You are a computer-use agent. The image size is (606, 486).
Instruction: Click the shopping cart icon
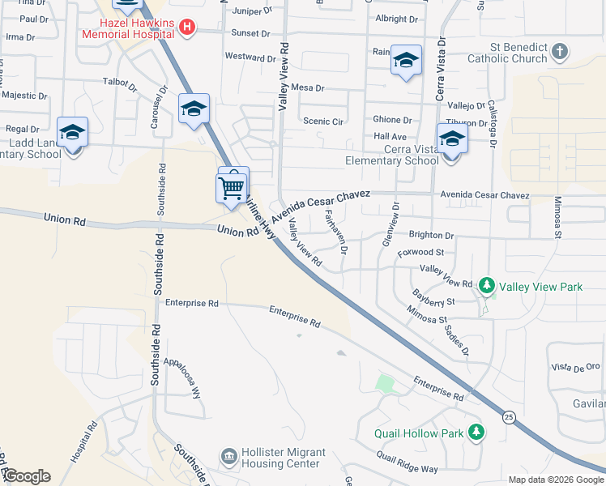[232, 188]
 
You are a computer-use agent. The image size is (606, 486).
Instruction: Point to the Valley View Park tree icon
[486, 286]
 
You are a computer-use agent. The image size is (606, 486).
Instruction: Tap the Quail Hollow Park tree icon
[477, 432]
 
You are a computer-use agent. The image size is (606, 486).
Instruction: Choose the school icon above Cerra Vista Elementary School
[452, 137]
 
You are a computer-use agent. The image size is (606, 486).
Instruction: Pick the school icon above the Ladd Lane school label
[72, 131]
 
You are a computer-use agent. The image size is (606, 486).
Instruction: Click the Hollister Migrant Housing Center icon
[230, 458]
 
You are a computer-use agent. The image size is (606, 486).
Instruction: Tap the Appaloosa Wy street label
[182, 377]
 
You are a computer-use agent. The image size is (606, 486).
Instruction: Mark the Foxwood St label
[421, 253]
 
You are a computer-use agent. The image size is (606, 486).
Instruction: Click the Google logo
[27, 476]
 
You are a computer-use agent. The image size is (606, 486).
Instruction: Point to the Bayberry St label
[433, 301]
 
